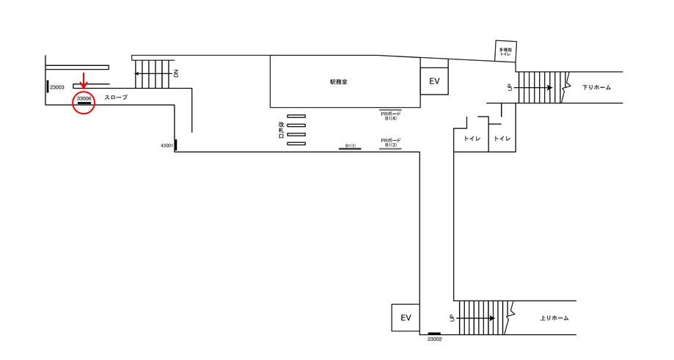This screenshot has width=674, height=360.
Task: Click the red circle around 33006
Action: tap(84, 92)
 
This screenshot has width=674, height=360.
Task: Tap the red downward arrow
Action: tap(84, 81)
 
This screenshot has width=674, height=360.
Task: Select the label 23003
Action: tap(57, 87)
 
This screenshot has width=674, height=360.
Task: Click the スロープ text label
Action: tap(116, 98)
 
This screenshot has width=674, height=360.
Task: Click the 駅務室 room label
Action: tap(339, 81)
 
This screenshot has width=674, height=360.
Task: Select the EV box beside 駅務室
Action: tap(434, 81)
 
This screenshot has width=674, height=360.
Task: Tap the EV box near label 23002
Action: tap(406, 318)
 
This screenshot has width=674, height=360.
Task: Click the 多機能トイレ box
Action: tap(505, 51)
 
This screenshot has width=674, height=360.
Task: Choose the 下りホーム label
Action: tap(597, 87)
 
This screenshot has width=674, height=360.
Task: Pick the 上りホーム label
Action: tap(554, 318)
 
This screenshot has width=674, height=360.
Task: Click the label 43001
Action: tap(166, 146)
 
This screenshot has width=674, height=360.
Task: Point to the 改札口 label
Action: tap(281, 130)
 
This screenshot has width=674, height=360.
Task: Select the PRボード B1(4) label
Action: tap(391, 116)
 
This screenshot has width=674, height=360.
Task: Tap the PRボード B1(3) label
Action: tap(391, 143)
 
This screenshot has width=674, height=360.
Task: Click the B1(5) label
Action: tap(351, 146)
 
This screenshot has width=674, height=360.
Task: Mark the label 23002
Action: tap(435, 339)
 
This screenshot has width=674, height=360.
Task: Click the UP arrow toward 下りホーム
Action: tap(533, 88)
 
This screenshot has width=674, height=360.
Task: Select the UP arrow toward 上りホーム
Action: tap(475, 318)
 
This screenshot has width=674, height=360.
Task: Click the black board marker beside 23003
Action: tap(47, 87)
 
